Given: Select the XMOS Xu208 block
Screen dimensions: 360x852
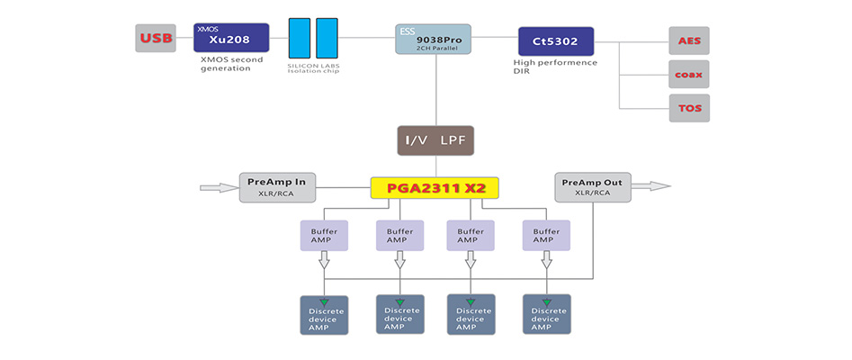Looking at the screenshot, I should pos(231,39).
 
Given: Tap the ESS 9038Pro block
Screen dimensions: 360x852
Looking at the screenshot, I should pos(433,39).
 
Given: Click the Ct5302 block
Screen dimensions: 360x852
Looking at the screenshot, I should pos(555,40).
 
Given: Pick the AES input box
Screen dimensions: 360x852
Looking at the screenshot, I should pos(689,40).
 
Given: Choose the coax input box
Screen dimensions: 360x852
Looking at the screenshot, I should pos(689,74).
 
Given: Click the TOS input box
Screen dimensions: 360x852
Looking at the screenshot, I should pos(689,108).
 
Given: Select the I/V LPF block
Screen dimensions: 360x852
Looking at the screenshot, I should pos(435,140).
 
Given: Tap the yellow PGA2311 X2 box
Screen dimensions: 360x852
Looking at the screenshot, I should pos(435,187).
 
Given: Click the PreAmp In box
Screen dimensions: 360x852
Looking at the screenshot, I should pos(276,187).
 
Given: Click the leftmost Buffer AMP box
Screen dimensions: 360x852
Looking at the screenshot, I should pos(324,236).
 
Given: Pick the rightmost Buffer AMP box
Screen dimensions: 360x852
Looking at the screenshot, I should pos(546,236).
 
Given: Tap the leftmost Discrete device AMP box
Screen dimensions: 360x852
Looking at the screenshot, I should pos(324,314).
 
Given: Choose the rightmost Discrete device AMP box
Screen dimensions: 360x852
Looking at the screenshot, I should pos(546,314).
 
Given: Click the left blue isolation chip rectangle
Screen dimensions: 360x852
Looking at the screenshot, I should pos(300,39).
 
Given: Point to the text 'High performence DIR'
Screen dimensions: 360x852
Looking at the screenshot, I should pos(555,67).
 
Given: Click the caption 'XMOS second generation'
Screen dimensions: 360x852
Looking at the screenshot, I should pos(231,64).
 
